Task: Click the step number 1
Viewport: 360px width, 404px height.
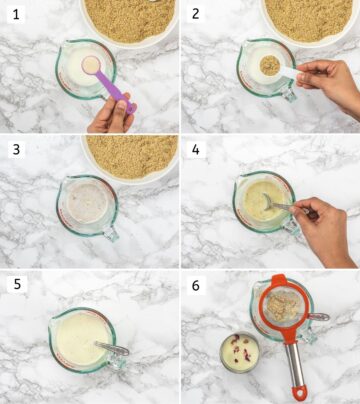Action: [x=13, y=14]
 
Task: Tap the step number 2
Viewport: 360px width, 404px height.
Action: [x=196, y=14]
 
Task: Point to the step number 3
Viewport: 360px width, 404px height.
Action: [x=13, y=149]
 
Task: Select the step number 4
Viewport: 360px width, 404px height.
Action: [x=196, y=149]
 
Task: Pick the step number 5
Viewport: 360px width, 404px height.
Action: [x=13, y=285]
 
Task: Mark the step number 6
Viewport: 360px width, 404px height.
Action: [x=196, y=285]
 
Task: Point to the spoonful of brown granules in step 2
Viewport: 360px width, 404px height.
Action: [x=269, y=66]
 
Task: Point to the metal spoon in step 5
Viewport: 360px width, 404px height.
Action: [x=110, y=349]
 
